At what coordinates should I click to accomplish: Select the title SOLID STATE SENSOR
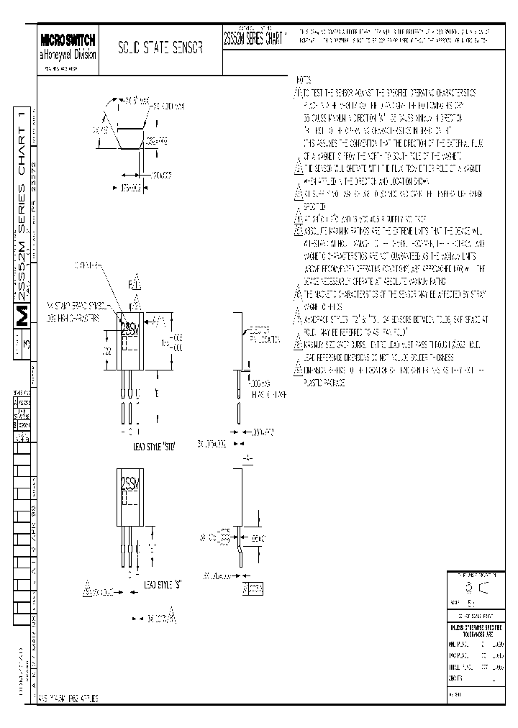tap(160, 48)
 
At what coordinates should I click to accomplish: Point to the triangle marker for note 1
tap(297, 93)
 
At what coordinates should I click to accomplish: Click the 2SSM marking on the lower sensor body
tap(129, 479)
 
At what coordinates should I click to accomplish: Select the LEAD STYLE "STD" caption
tap(155, 445)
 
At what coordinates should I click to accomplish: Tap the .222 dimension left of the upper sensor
tap(106, 350)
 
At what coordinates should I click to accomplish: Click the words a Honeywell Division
tap(68, 55)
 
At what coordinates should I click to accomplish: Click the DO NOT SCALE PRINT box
tap(476, 616)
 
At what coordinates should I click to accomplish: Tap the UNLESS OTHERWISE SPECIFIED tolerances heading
tap(476, 630)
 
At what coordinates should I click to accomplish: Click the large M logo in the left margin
tap(22, 316)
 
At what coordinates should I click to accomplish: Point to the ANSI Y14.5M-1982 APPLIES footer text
tap(69, 699)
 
